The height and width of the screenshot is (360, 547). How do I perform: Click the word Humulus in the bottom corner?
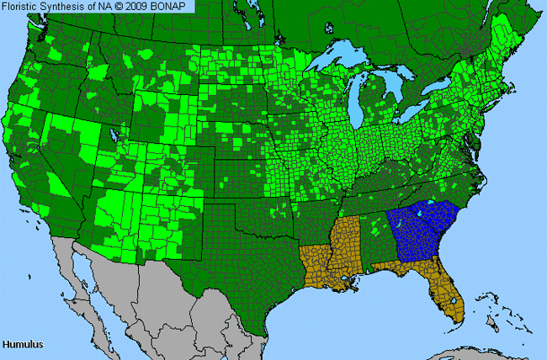point(23,345)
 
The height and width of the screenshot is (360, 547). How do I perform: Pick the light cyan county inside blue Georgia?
point(432,203)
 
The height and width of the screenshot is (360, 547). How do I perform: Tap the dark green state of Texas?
point(236,261)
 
